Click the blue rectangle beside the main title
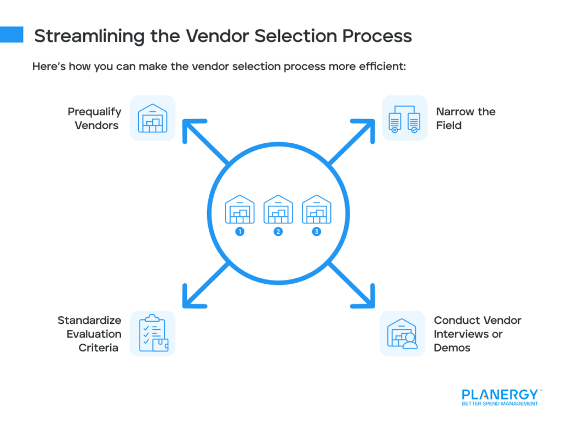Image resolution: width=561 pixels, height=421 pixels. coord(12,35)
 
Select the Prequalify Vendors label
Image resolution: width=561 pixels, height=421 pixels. coord(93,119)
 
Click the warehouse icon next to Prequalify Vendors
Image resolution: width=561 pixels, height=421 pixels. coord(152,118)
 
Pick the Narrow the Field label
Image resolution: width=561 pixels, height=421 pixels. coord(466,119)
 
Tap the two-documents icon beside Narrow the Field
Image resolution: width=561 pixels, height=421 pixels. coord(404,118)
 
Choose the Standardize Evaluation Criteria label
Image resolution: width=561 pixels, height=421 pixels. coord(90,334)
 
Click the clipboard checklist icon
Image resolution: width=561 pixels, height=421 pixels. coord(152,334)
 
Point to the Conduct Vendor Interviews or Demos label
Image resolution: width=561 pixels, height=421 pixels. coord(477,334)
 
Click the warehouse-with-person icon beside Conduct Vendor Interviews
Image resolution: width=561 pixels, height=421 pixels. coord(403,334)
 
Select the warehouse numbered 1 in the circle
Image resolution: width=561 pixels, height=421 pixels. coord(240,209)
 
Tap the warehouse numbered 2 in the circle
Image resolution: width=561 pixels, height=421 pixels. coord(278,209)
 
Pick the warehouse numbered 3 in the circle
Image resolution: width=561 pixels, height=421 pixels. coord(317,209)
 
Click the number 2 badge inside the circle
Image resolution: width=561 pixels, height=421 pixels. coord(278,232)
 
